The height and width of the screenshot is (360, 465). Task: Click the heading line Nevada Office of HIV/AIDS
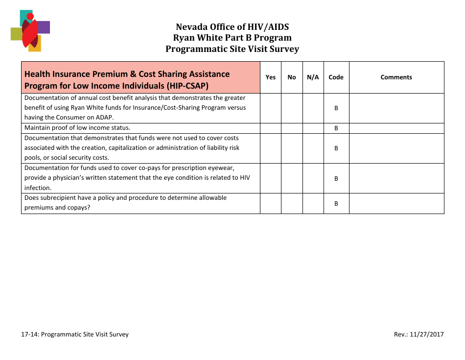(232, 26)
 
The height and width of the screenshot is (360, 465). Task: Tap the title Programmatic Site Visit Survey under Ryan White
(232, 48)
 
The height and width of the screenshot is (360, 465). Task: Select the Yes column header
(271, 77)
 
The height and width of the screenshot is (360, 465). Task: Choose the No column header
(292, 77)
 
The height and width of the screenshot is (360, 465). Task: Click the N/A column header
(313, 77)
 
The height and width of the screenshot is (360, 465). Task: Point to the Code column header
(336, 77)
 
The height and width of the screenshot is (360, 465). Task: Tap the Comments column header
(396, 77)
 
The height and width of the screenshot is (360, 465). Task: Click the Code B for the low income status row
(336, 128)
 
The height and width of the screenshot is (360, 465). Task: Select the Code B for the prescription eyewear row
(336, 178)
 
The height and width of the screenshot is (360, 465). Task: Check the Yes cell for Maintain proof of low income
(271, 128)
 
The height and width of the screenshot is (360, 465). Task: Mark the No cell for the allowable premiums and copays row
(292, 203)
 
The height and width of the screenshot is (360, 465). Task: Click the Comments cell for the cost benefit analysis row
(396, 108)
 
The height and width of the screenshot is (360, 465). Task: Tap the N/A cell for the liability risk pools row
(313, 148)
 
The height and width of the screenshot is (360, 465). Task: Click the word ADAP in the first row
(105, 118)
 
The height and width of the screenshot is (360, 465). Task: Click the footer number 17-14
(29, 335)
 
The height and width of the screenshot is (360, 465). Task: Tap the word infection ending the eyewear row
(38, 188)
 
